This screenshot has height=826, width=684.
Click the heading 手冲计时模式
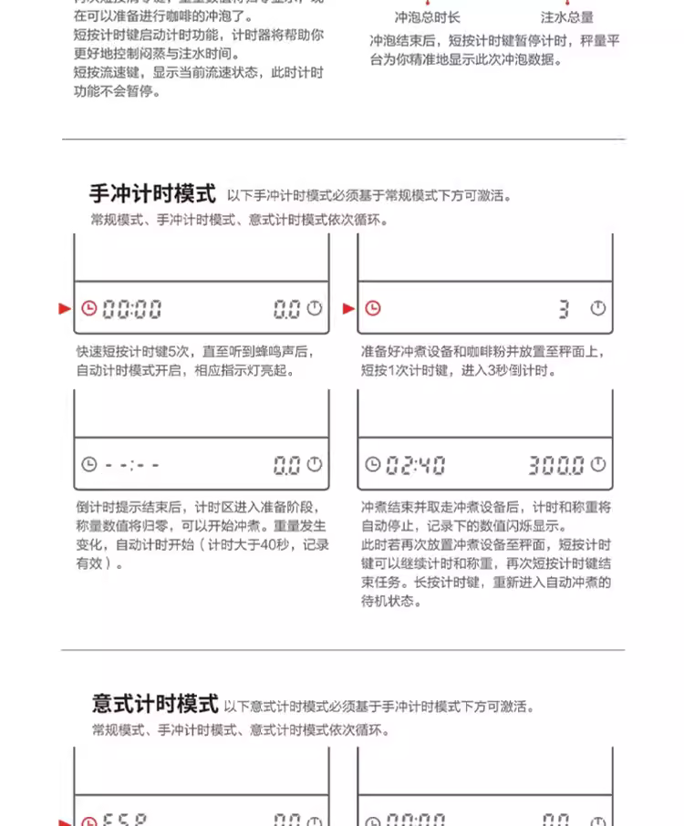pyautogui.click(x=152, y=194)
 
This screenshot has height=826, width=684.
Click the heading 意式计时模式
pyautogui.click(x=155, y=704)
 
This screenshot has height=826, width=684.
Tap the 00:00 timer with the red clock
pyautogui.click(x=132, y=309)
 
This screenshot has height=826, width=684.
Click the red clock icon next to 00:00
pyautogui.click(x=88, y=309)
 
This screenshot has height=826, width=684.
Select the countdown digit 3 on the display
pyautogui.click(x=564, y=309)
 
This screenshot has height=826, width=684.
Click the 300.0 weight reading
pyautogui.click(x=555, y=465)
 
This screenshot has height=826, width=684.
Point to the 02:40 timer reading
pyautogui.click(x=415, y=465)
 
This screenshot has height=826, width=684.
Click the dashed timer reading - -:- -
pyautogui.click(x=132, y=465)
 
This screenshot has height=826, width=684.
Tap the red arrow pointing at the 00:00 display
pyautogui.click(x=65, y=309)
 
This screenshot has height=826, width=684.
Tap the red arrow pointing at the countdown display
pyautogui.click(x=348, y=309)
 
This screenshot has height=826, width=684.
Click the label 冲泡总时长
pyautogui.click(x=427, y=17)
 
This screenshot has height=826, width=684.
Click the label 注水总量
pyautogui.click(x=567, y=17)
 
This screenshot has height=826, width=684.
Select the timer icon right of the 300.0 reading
pyautogui.click(x=598, y=465)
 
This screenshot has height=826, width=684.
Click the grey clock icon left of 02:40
pyautogui.click(x=372, y=465)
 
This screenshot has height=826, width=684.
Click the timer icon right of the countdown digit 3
pyautogui.click(x=598, y=309)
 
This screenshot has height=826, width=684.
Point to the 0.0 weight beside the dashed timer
pyautogui.click(x=286, y=465)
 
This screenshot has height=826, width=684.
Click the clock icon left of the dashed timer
pyautogui.click(x=88, y=465)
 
